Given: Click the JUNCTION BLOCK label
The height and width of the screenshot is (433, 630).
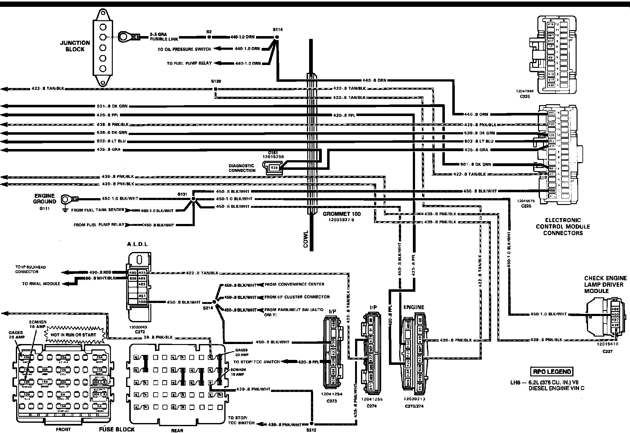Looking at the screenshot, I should (75, 46).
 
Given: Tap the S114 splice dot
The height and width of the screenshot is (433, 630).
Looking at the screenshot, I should (277, 37).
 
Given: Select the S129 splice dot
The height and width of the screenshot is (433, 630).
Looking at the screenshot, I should (215, 89).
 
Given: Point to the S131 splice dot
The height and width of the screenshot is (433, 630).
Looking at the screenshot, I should (193, 198).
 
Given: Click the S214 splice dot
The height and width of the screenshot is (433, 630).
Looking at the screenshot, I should (214, 302).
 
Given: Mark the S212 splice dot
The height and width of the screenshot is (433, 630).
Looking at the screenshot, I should (312, 424).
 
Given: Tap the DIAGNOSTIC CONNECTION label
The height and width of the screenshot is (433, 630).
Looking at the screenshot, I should (242, 168).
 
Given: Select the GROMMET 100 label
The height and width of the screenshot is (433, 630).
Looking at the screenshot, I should (342, 214).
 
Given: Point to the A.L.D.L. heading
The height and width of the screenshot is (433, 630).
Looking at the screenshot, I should (138, 245).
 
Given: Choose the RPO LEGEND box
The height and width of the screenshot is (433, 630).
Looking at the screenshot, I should (551, 371).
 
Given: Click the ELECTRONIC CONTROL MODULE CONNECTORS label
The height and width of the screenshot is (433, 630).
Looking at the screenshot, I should (563, 226).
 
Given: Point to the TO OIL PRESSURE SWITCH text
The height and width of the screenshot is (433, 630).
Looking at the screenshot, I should (184, 49).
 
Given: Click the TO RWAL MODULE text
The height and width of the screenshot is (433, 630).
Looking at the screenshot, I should (41, 284).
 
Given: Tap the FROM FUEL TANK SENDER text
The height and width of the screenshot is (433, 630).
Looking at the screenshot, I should (98, 210).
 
